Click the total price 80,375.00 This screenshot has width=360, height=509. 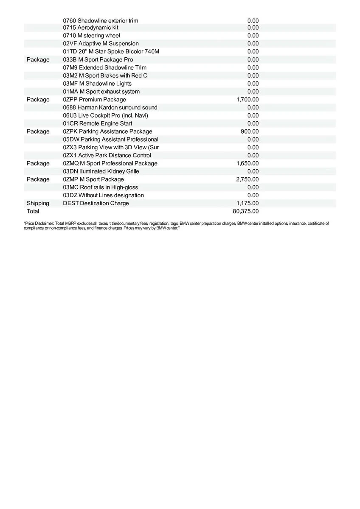(247, 211)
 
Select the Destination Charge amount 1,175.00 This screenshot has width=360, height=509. (247, 203)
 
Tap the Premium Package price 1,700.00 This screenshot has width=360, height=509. (247, 100)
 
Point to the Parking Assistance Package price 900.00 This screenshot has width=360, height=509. (249, 131)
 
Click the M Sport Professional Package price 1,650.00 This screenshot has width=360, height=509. (247, 163)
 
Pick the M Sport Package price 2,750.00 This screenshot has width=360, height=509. (247, 179)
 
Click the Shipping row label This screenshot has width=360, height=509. (38, 203)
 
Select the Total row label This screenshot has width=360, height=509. (33, 211)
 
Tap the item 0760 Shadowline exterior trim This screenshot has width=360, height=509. (100, 21)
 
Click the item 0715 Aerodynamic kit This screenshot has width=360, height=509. (90, 28)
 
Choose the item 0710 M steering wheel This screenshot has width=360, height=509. (91, 36)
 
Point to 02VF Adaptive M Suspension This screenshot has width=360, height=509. (101, 44)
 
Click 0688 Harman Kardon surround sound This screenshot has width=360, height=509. (110, 107)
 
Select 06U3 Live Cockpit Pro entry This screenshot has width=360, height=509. (105, 115)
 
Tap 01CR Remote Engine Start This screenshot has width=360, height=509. (97, 123)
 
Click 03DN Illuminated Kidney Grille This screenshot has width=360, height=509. (101, 171)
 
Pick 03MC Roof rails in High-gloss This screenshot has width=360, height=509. (100, 187)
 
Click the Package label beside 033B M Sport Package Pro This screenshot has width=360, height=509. (38, 60)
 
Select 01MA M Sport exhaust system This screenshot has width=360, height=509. (101, 92)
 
